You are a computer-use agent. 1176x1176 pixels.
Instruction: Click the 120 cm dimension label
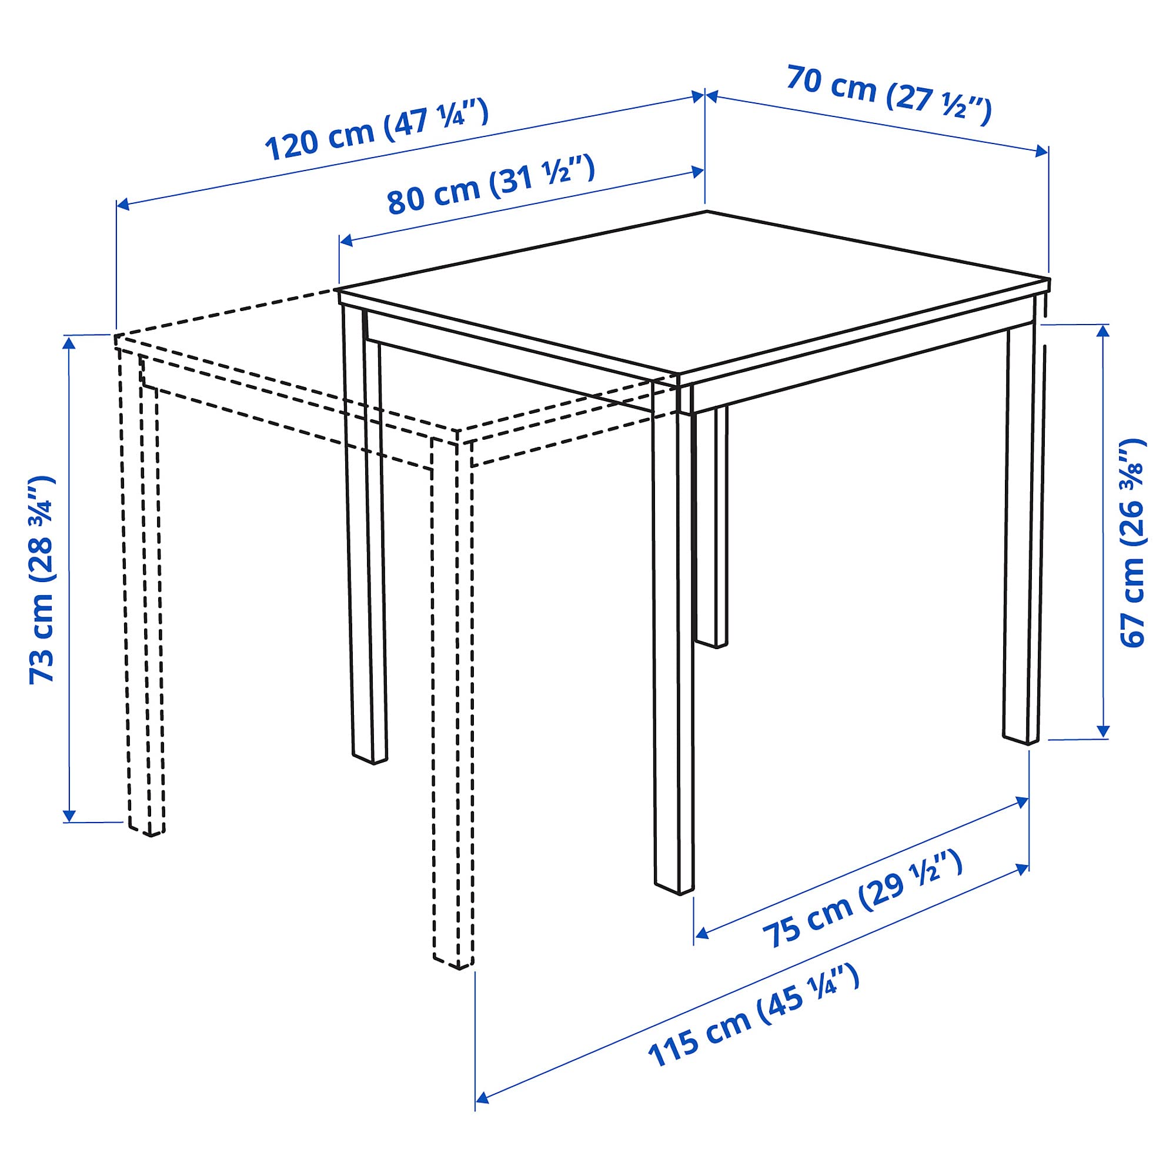pos(377,131)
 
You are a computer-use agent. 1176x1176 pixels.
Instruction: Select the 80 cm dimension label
pos(490,185)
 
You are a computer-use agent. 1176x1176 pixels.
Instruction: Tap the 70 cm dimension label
pos(888,96)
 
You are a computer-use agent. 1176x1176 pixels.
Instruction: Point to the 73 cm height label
pos(42,579)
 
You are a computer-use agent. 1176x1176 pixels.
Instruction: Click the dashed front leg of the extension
pos(452,700)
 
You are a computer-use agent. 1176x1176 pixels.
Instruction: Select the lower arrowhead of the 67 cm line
pos(1103,731)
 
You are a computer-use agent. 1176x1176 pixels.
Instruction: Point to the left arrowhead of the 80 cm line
pos(346,241)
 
